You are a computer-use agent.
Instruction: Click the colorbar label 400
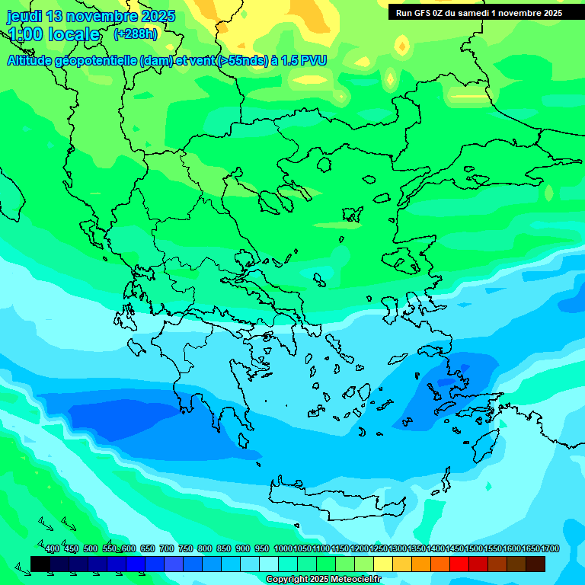[x=53, y=549]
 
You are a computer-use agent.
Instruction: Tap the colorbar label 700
[x=166, y=549]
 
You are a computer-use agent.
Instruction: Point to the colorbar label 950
[x=262, y=549]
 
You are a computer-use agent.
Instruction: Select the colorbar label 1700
[x=550, y=549]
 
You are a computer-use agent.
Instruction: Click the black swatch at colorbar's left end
[x=40, y=564]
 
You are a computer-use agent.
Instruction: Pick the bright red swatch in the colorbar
[x=459, y=564]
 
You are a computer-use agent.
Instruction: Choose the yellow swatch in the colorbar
[x=383, y=564]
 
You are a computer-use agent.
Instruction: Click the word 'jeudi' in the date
[x=24, y=16]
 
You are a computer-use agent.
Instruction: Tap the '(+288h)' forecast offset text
[x=135, y=34]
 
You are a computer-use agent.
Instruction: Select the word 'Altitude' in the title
[x=34, y=61]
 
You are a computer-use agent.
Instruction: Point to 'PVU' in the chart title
[x=314, y=61]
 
